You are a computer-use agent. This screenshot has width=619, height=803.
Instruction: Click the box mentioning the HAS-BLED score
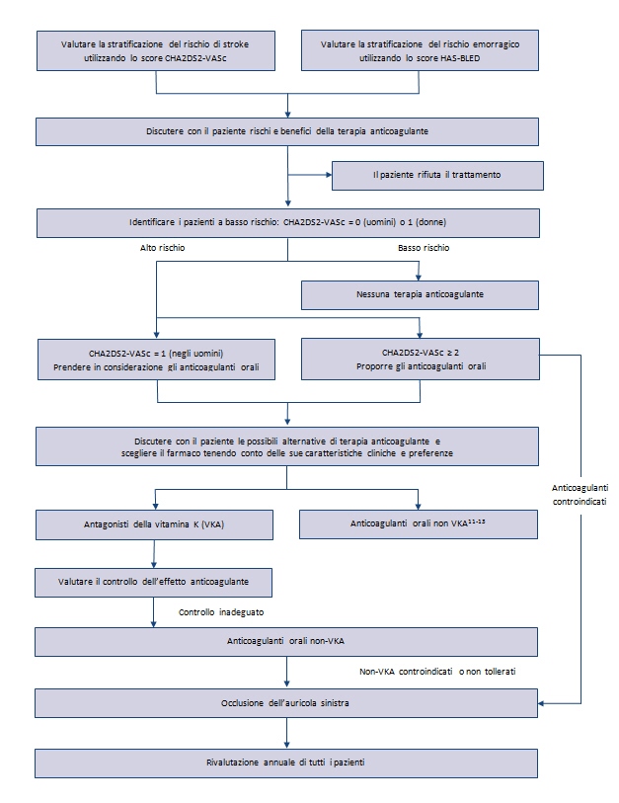tap(420, 50)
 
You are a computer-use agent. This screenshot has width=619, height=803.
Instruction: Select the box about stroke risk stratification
tap(156, 50)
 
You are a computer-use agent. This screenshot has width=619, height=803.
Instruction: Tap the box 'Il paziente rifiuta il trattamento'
tap(437, 176)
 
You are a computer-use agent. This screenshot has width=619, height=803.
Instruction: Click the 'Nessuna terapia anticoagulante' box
tap(420, 295)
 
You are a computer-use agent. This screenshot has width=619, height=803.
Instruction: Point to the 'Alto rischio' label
tap(162, 248)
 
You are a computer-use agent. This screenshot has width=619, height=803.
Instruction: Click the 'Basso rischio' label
tap(424, 248)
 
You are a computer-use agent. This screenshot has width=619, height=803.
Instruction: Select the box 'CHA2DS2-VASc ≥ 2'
tap(420, 359)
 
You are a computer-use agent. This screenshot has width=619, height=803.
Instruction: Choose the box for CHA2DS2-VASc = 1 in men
tap(156, 360)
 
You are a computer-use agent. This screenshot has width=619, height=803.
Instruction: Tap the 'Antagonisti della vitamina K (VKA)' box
tap(154, 524)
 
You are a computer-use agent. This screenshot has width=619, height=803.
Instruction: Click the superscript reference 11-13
tap(477, 522)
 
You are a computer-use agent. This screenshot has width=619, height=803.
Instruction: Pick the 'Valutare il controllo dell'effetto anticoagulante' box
tap(153, 583)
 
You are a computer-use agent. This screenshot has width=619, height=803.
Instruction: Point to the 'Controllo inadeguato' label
tap(221, 612)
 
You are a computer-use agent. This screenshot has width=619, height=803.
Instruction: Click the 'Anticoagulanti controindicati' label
tap(580, 495)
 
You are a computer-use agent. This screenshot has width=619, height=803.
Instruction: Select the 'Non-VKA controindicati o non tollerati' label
tap(437, 672)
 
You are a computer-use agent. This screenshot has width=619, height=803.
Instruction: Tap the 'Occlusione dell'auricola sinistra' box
tap(286, 703)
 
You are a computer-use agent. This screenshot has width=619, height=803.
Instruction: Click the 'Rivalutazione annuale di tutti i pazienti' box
tap(286, 763)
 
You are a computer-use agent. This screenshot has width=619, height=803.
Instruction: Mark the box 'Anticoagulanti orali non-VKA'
tap(286, 642)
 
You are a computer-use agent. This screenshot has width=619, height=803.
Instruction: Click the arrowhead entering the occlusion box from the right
tap(541, 703)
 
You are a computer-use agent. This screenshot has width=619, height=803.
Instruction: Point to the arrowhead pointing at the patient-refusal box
tap(329, 175)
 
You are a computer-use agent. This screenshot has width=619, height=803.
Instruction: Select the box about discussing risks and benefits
tap(286, 132)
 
